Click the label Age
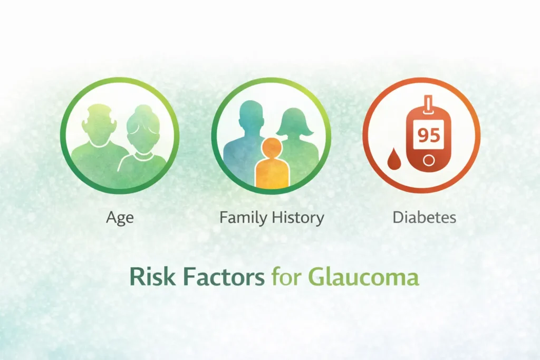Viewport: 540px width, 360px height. [x=120, y=218]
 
